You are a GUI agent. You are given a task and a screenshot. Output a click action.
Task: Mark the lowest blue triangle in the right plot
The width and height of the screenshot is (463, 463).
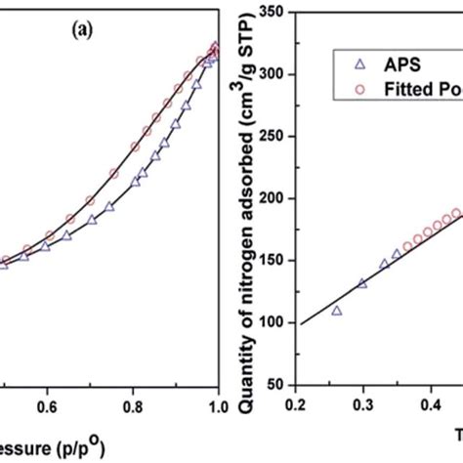tap(337, 311)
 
